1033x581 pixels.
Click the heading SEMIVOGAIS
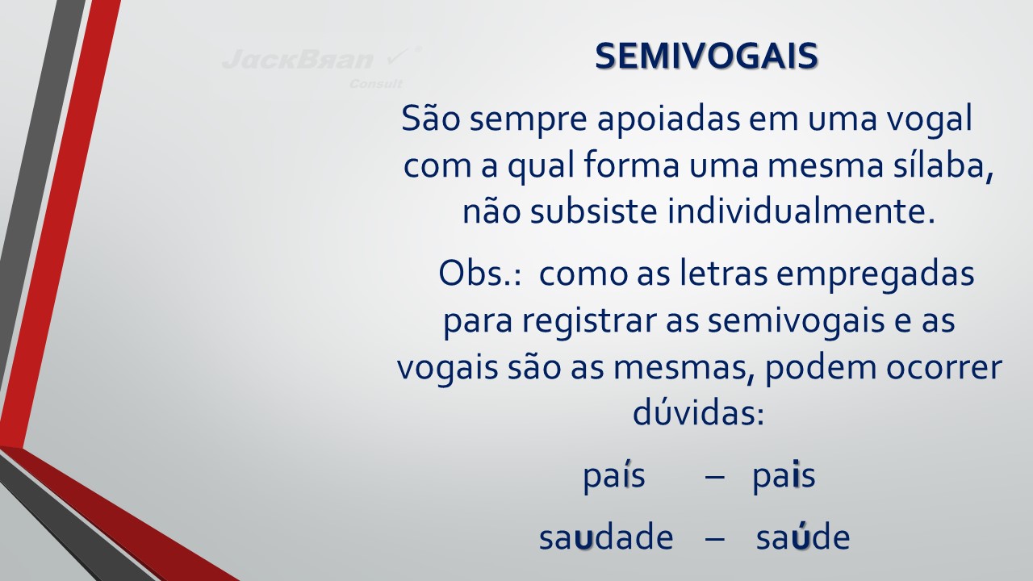706,56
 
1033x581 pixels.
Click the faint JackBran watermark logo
321,59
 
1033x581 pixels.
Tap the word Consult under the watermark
375,84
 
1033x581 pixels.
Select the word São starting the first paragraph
431,119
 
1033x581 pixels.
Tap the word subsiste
593,212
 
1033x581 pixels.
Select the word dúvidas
698,412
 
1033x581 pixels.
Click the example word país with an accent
614,477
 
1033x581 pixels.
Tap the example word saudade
606,537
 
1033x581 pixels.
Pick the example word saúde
803,537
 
